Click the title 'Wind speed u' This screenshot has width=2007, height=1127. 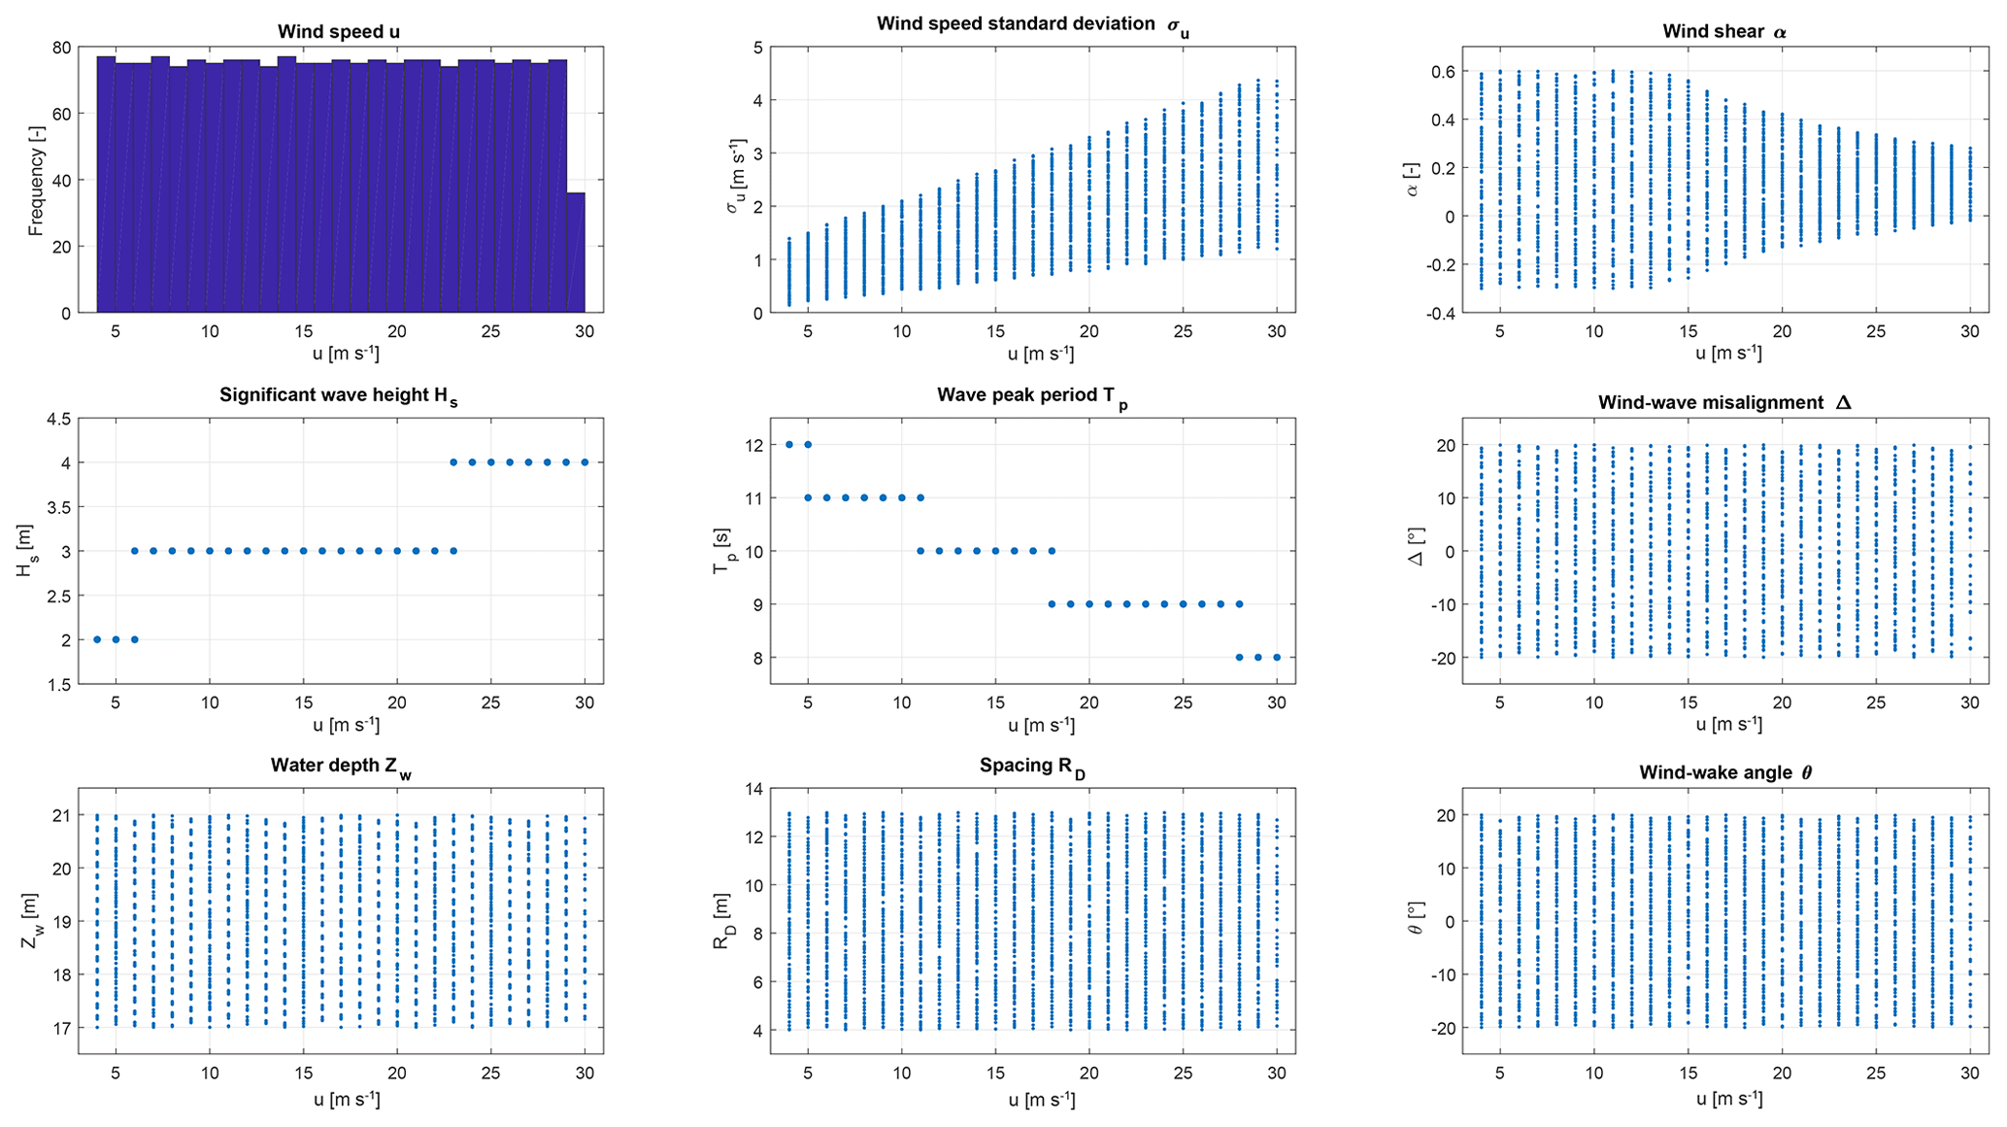pyautogui.click(x=338, y=32)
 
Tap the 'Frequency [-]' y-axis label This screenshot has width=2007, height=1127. pyautogui.click(x=36, y=181)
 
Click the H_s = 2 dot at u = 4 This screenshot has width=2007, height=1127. pyautogui.click(x=97, y=639)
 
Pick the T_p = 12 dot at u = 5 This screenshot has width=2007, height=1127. pyautogui.click(x=808, y=445)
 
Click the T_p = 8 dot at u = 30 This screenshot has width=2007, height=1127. pyautogui.click(x=1277, y=658)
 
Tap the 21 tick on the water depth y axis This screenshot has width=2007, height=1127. pyautogui.click(x=62, y=816)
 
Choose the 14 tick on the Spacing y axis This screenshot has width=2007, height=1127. pyautogui.click(x=753, y=789)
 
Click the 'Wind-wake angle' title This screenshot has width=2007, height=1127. pyautogui.click(x=1724, y=773)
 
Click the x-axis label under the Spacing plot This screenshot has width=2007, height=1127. pyautogui.click(x=1040, y=1100)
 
